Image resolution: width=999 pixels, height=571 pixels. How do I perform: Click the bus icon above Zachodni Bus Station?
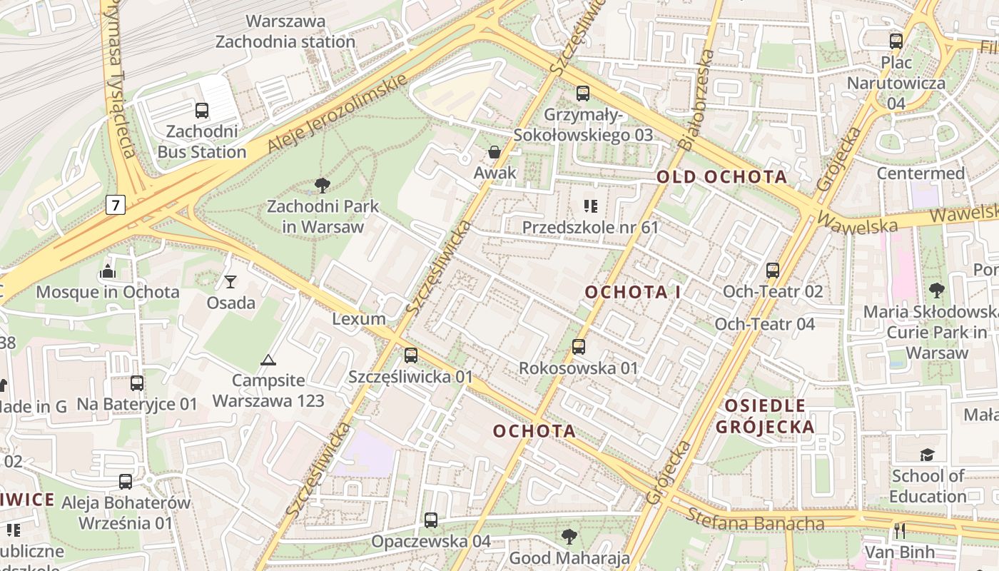(202, 111)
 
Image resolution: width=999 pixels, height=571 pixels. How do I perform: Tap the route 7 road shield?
(116, 205)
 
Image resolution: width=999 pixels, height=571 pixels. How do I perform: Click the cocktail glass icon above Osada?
(230, 282)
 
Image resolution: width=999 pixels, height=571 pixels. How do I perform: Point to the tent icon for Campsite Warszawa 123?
(268, 360)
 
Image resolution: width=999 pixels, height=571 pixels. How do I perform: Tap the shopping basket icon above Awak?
(494, 152)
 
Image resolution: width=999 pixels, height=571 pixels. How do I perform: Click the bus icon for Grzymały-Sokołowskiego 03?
(583, 94)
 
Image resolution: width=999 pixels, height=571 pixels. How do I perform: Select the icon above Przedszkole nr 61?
(590, 206)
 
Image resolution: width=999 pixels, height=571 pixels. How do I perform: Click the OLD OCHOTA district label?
(721, 177)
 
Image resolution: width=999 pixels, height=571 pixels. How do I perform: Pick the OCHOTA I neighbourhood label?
(633, 292)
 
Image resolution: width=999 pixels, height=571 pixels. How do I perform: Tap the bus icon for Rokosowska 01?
(579, 347)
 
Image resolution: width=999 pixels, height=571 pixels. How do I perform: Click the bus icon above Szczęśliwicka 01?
(411, 355)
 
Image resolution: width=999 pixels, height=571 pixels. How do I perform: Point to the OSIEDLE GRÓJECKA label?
(765, 417)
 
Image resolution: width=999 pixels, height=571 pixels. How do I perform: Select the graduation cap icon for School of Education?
(927, 455)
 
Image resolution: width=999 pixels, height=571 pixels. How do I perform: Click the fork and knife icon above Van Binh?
(899, 530)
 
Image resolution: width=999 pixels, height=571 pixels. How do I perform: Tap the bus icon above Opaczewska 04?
(431, 520)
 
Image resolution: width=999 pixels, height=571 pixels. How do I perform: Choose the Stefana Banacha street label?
(755, 520)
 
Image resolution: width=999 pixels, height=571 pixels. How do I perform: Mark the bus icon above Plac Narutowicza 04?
(896, 41)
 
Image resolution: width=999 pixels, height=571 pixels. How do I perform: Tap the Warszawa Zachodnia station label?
(285, 31)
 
